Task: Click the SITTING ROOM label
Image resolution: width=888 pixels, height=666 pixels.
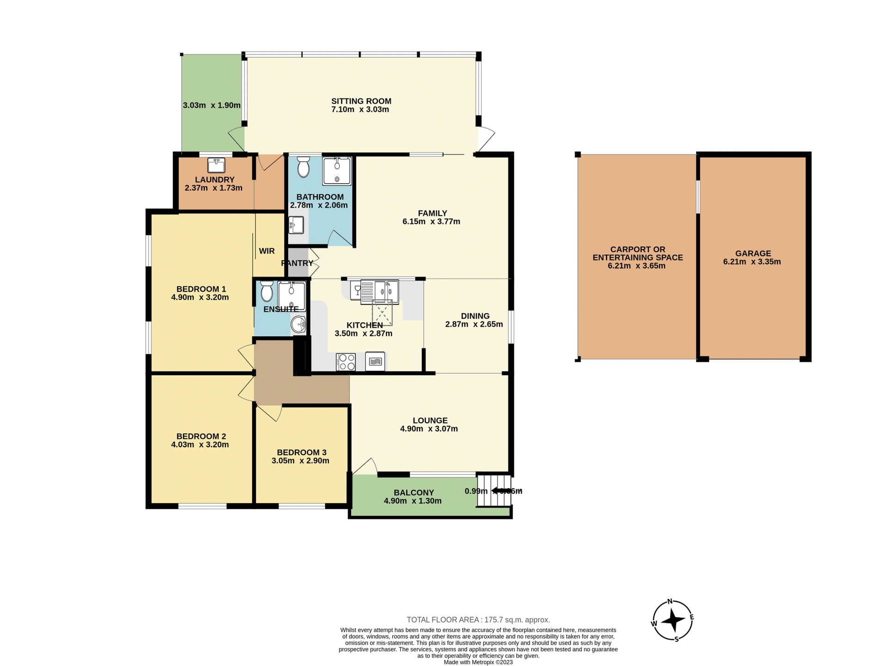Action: coord(361,101)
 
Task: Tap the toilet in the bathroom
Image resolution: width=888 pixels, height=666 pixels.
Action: coord(303,167)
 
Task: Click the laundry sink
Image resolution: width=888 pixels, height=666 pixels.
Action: coord(216,165)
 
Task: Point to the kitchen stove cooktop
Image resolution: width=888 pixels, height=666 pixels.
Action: coord(346,362)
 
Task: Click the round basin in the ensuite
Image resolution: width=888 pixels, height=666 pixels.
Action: coord(299,324)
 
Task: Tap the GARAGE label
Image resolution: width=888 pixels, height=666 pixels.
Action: coord(753,253)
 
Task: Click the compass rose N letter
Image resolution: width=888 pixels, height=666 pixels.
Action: coord(670,602)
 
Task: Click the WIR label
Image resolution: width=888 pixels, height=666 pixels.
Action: coord(267,251)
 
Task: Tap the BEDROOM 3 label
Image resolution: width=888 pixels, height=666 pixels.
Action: coord(302,452)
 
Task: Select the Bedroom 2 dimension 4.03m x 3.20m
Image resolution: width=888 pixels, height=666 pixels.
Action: coord(200,445)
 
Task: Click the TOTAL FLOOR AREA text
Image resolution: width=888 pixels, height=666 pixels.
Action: coord(478,620)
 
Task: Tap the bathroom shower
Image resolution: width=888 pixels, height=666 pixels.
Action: coord(337,171)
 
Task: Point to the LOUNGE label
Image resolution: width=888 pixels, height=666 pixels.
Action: coord(430,420)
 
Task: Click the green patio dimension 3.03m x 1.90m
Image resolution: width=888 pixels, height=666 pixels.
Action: coord(211,105)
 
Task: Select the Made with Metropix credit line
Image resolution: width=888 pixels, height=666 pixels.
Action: coord(478,662)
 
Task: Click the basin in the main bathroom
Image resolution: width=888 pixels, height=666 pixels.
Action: coord(296,226)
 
